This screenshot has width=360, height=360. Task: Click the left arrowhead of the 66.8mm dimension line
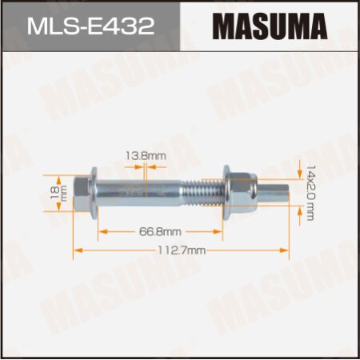[101, 230]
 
